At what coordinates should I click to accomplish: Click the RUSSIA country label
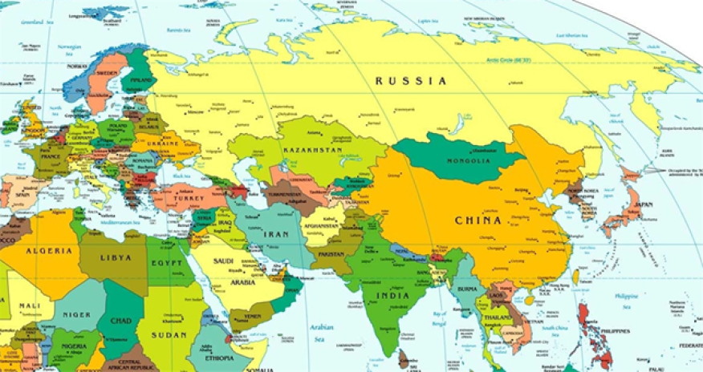point(412,81)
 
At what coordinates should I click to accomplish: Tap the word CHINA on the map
point(478,220)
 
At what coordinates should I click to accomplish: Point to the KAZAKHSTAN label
point(313,150)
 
